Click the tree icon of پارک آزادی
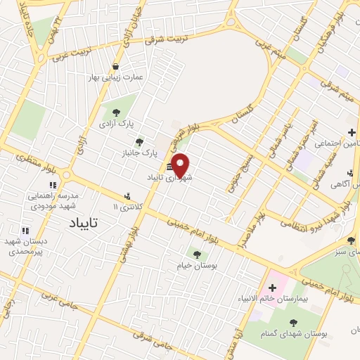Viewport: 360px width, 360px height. [115, 111]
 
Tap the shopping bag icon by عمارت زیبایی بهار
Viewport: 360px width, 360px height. [115, 67]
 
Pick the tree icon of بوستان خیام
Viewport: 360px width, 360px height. [196, 254]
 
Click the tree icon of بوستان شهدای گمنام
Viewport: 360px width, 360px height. [292, 323]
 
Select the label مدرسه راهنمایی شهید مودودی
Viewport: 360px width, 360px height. [53, 200]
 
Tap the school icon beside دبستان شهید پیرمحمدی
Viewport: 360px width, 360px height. [25, 230]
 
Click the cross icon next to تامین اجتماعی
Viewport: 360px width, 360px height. [352, 131]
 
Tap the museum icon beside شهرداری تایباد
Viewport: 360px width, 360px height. [169, 167]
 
